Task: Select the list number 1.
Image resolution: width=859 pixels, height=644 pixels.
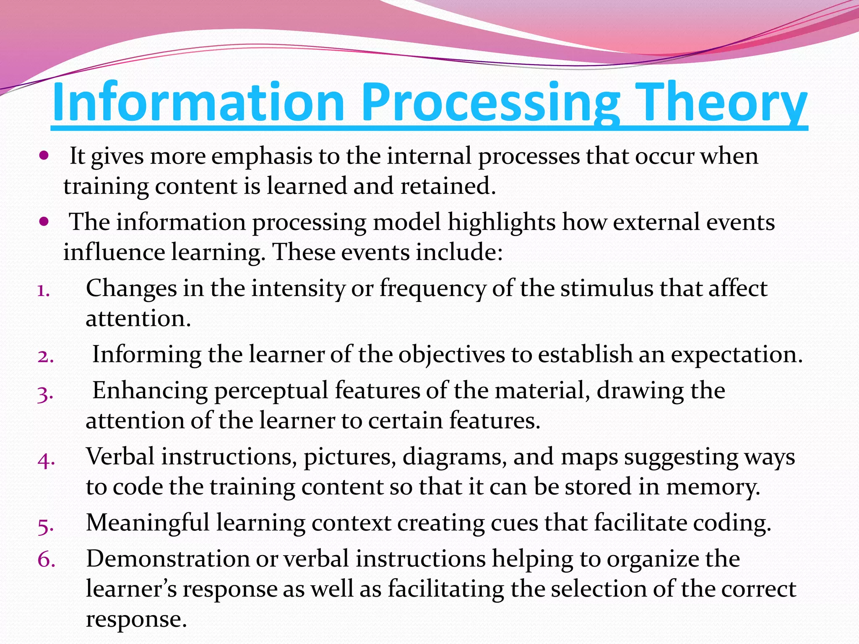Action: coord(43,290)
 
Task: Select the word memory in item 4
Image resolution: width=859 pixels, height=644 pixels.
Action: coord(713,487)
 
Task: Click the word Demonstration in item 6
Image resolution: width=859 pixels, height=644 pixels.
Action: coord(167,559)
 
